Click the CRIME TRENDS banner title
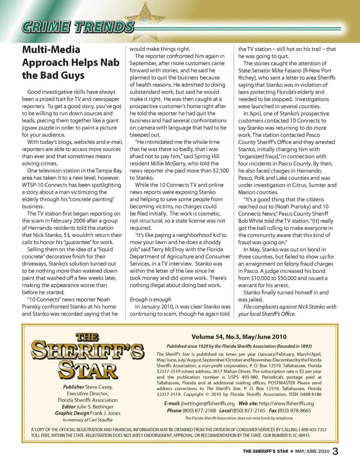(78, 27)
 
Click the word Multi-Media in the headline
(51, 50)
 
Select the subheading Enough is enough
(150, 299)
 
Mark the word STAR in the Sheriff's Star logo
(88, 370)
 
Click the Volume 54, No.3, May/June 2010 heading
(239, 337)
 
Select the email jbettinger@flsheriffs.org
(207, 404)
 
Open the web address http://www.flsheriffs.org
(286, 404)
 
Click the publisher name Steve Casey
(99, 387)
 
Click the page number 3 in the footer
(335, 451)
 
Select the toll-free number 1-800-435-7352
(312, 429)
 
